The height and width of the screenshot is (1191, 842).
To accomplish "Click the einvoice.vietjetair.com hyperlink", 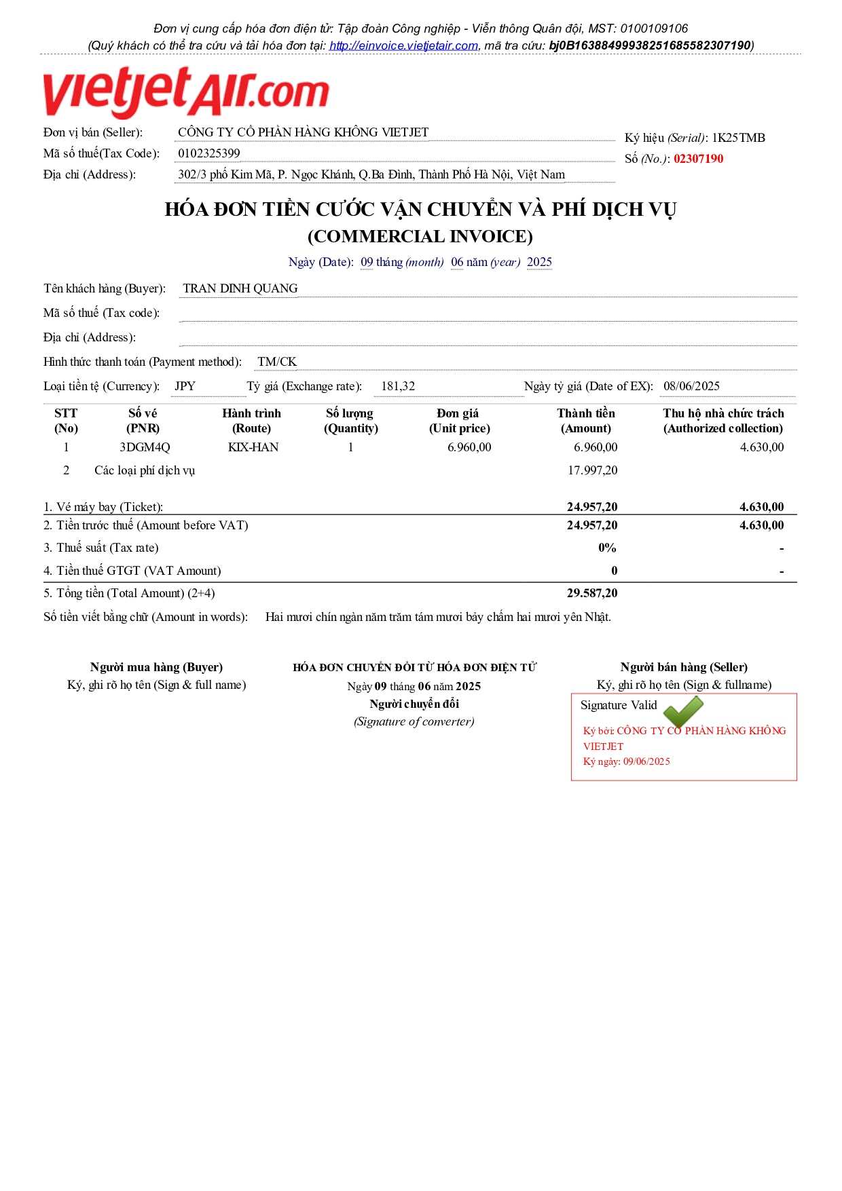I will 403,45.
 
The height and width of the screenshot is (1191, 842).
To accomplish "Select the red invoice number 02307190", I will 698,159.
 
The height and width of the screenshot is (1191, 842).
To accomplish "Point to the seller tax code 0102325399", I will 208,153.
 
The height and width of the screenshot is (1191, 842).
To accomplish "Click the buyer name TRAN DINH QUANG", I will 240,288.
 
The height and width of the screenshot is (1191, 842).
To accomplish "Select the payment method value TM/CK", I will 277,362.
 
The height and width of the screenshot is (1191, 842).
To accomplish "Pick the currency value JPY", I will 185,386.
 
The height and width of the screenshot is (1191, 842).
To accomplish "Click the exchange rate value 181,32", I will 398,386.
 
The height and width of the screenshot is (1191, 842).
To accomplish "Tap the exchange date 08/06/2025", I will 691,386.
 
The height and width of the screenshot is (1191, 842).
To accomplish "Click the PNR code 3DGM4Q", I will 145,447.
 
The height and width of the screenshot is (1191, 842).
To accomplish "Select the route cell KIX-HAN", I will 253,447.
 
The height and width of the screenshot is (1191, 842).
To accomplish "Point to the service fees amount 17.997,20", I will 592,470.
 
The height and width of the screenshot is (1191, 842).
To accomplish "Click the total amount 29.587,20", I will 592,593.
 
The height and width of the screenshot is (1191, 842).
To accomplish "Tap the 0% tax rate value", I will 607,548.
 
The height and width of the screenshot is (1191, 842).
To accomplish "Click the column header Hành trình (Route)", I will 251,421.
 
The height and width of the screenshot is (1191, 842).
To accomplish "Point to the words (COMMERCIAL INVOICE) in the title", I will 420,236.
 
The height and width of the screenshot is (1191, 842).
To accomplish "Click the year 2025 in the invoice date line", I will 539,262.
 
